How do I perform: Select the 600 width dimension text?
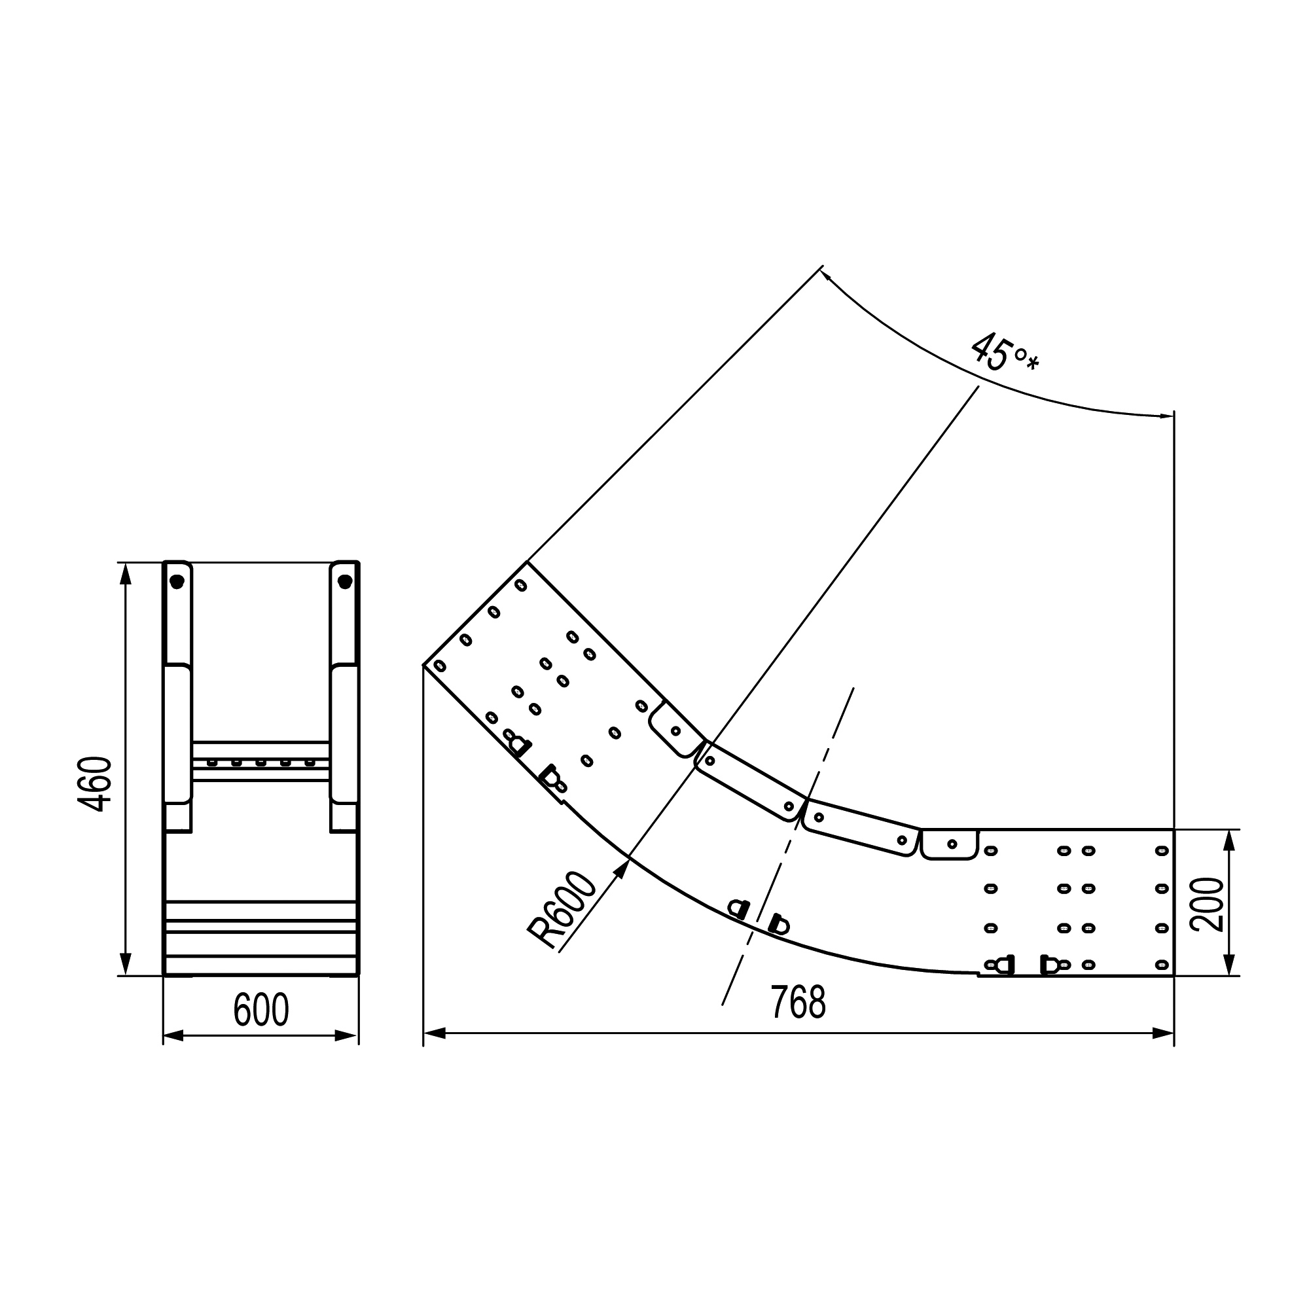[261, 1009]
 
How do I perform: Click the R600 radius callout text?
[562, 911]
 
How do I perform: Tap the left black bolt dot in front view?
[177, 581]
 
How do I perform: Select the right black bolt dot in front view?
[345, 581]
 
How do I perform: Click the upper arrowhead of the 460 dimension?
[124, 564]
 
